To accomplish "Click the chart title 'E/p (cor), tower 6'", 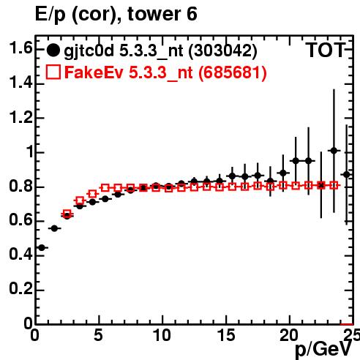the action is tap(116, 14).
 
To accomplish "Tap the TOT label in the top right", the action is tap(326, 50).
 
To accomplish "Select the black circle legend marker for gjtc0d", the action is tap(53, 50).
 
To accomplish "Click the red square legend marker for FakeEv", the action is tap(53, 72).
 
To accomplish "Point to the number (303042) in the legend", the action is tap(223, 50).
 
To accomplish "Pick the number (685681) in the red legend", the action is tap(233, 72).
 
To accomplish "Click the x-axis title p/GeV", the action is tap(323, 350).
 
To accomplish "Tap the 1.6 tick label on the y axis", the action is tap(20, 48).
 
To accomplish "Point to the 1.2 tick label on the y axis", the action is tap(20, 117).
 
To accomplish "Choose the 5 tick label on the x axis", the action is tap(98, 335).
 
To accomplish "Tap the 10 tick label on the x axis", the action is tap(162, 335).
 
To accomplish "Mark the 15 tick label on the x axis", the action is tap(226, 335).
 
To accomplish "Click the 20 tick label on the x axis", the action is tap(289, 335).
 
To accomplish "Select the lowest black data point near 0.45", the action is tap(42, 247).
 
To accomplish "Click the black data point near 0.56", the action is tap(54, 228).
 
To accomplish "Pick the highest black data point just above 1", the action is tap(334, 151).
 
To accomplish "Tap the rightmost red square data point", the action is tap(334, 185).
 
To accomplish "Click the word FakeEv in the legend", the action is tap(94, 72).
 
